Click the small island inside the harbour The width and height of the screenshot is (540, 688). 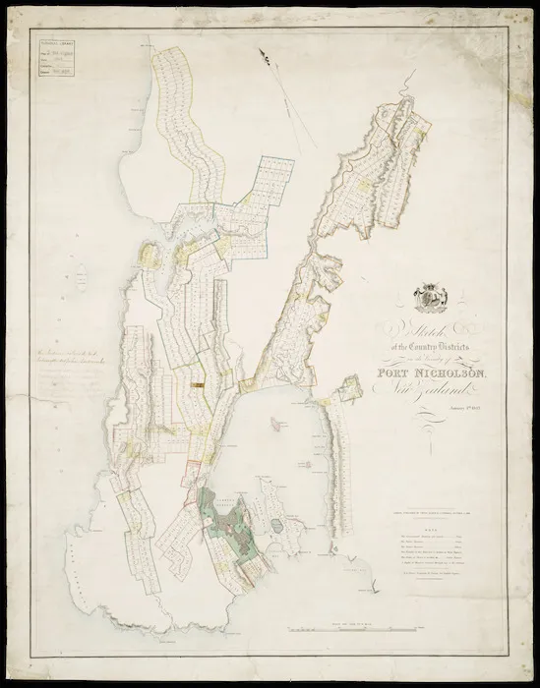coord(281,527)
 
